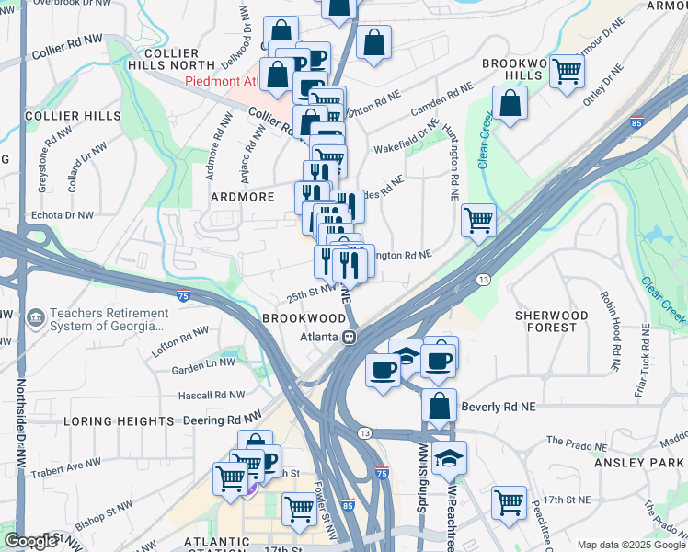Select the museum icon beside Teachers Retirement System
pyautogui.click(x=35, y=318)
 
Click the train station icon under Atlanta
pyautogui.click(x=350, y=337)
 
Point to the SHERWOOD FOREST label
pyautogui.click(x=551, y=321)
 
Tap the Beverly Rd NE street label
pyautogui.click(x=498, y=406)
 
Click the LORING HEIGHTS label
pyautogui.click(x=119, y=420)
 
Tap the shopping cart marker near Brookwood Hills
pyautogui.click(x=568, y=70)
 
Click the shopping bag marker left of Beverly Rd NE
pyautogui.click(x=440, y=404)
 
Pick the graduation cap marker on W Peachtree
pyautogui.click(x=449, y=456)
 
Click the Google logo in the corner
pyautogui.click(x=29, y=541)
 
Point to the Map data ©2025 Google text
pyautogui.click(x=631, y=545)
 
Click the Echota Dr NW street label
pyautogui.click(x=63, y=215)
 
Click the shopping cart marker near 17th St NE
pyautogui.click(x=509, y=501)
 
